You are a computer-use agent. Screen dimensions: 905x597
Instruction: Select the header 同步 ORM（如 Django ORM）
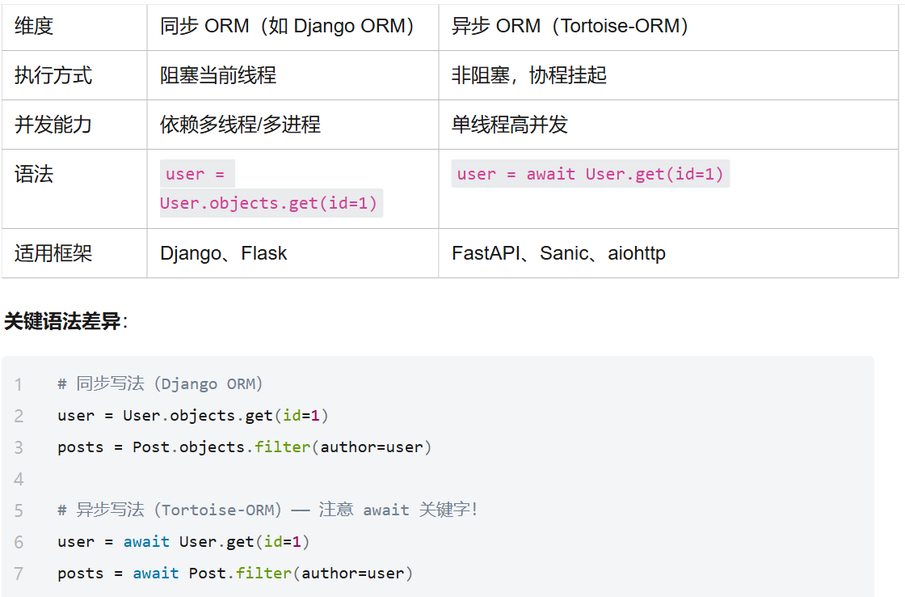click(x=287, y=26)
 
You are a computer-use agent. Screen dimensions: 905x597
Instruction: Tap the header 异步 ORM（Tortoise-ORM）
click(x=570, y=26)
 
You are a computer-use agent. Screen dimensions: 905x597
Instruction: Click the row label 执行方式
click(x=53, y=75)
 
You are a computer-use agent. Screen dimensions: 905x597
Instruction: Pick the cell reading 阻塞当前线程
click(x=218, y=75)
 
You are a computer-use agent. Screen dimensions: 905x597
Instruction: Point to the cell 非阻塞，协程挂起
click(x=529, y=75)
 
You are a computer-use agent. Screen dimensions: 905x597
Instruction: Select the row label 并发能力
click(x=53, y=125)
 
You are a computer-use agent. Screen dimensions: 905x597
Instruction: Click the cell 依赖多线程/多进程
click(x=240, y=125)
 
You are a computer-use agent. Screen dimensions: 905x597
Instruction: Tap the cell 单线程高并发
click(x=510, y=125)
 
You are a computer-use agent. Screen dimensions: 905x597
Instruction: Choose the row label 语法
click(x=34, y=174)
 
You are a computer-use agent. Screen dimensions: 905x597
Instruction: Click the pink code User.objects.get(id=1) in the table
click(x=268, y=203)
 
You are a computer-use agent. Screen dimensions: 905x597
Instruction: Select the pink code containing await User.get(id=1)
click(x=590, y=174)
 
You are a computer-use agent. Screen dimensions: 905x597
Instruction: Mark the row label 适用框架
click(x=53, y=253)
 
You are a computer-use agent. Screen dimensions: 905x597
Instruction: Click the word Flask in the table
click(x=263, y=253)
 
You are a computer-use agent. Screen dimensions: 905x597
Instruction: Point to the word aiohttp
click(x=637, y=253)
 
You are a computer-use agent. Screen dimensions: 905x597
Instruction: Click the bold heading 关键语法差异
click(x=62, y=321)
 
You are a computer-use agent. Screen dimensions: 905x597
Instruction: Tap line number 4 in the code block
click(x=19, y=479)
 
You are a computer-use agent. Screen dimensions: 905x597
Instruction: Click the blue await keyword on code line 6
click(x=146, y=541)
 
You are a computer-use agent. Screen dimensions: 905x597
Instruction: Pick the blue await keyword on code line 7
click(x=156, y=574)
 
